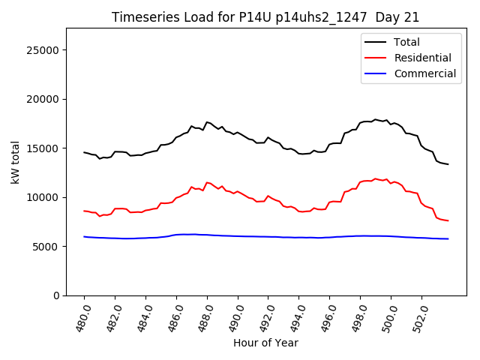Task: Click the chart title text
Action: pos(265,17)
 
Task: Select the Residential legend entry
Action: pos(422,58)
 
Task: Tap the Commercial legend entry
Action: pos(424,73)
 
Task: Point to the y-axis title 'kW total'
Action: pos(16,162)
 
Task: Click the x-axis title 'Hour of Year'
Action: pos(265,343)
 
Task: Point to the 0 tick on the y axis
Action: pos(56,295)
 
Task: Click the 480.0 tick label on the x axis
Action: pos(82,316)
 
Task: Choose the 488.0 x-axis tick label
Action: pos(205,316)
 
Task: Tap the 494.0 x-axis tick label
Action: pos(297,316)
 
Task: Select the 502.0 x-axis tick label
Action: pos(420,316)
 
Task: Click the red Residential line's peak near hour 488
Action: pos(207,182)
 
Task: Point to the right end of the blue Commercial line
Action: pos(448,238)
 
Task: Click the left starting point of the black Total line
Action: pos(84,152)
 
